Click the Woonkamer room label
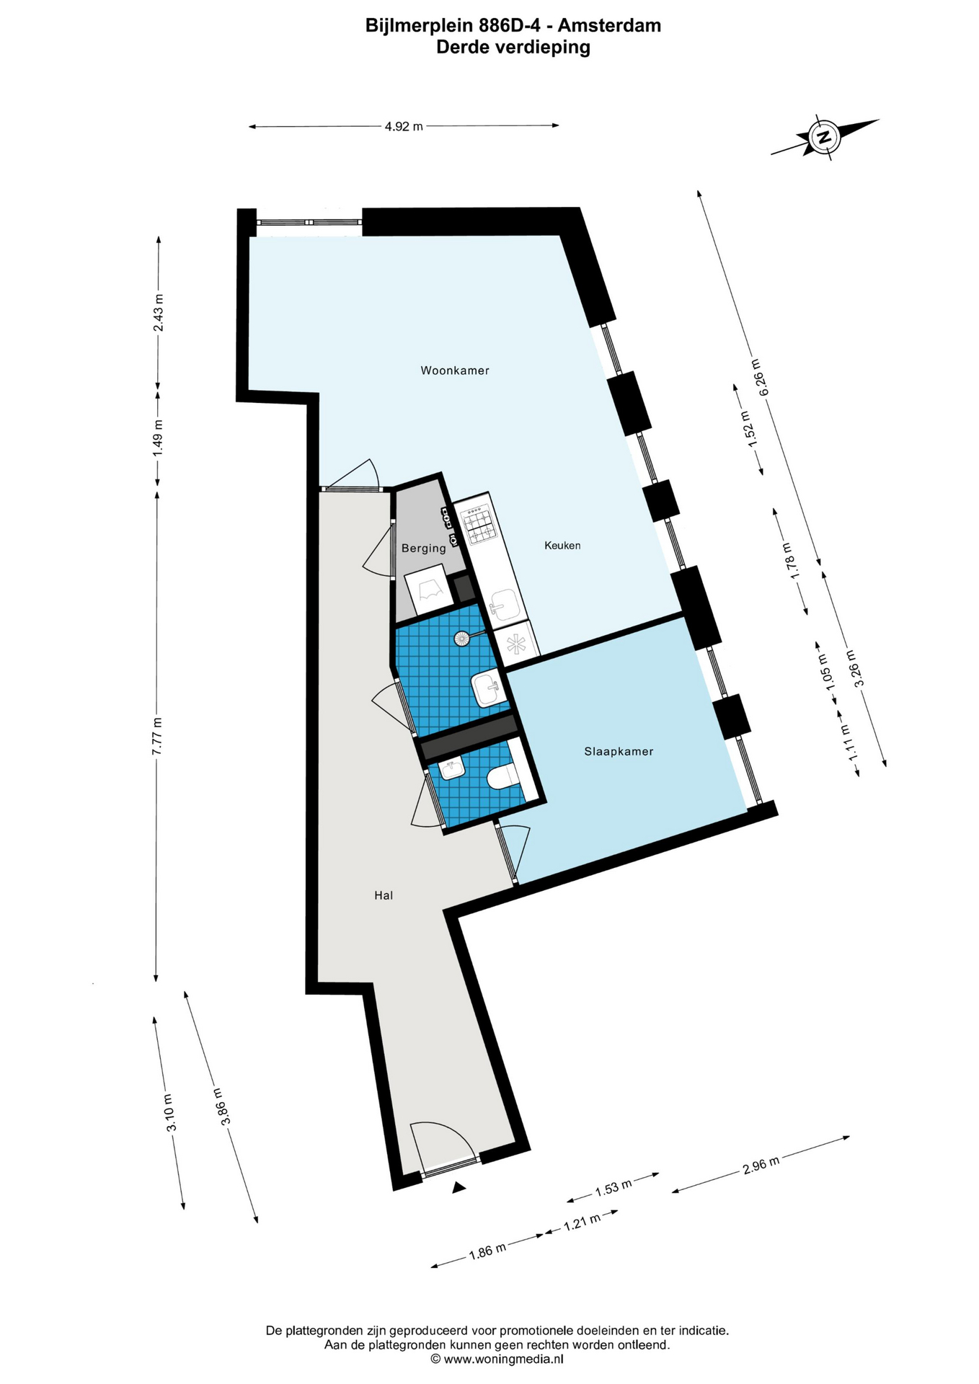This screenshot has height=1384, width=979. pos(455,371)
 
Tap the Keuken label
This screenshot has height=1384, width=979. pos(562,546)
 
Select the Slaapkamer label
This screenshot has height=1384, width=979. pos(619,751)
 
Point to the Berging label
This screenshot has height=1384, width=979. pos(424,549)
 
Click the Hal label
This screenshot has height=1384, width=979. pos(384,895)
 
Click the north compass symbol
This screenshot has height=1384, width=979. pos(824,136)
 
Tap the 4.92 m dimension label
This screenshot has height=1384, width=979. pos(404,126)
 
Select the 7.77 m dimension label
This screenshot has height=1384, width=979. pos(156,736)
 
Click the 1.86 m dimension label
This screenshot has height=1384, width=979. pos(487,1251)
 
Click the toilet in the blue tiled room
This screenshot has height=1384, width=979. pos(502,777)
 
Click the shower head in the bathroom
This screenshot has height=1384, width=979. pos(461,638)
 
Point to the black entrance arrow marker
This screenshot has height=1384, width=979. pos(459,1188)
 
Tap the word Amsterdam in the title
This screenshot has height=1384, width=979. pos(609,26)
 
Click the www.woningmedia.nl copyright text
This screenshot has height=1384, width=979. pos(497,1359)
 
